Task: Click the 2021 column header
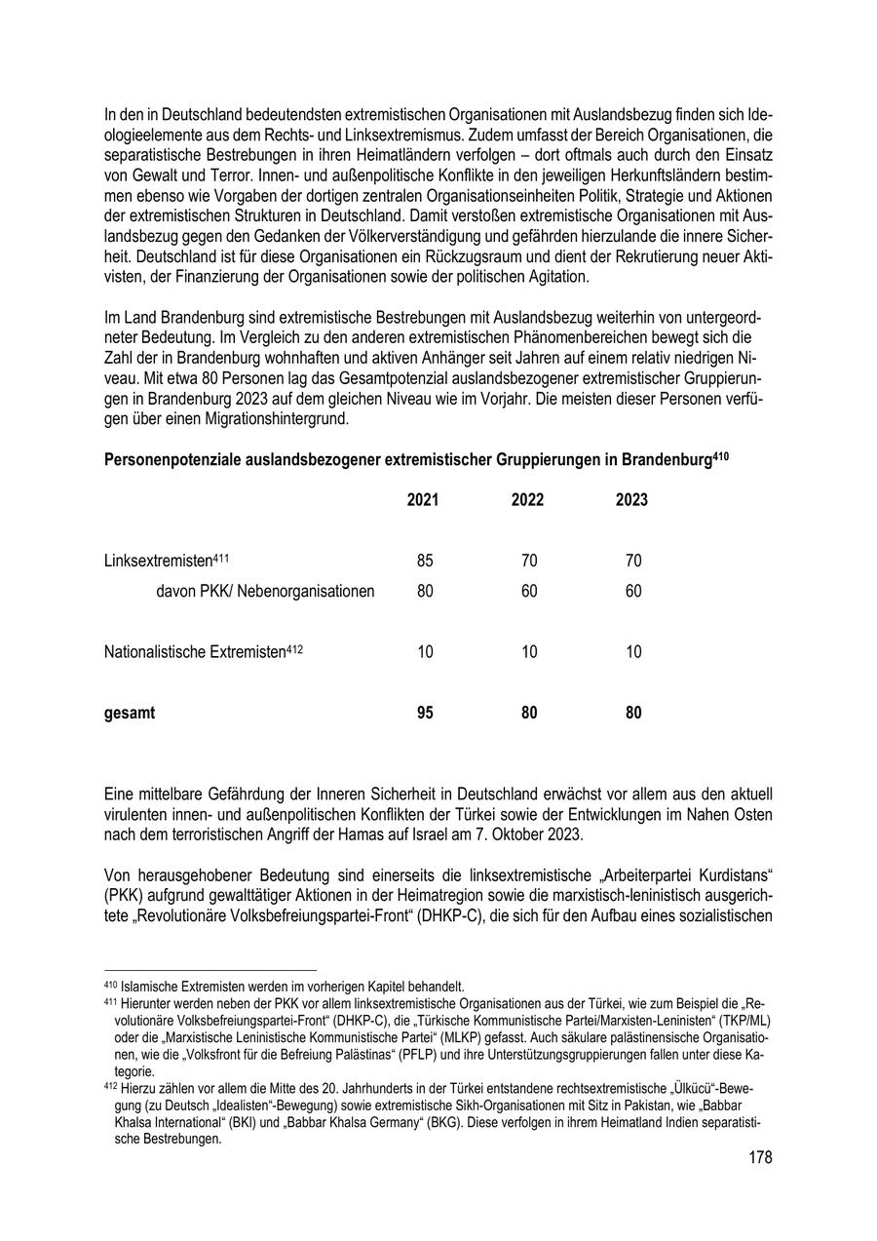423,500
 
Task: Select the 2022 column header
528,500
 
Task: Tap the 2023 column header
632,500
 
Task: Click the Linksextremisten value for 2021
425,561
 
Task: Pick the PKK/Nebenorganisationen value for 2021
425,591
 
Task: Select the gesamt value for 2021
425,713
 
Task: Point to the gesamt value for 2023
633,713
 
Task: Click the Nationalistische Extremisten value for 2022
529,652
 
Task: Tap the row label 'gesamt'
130,713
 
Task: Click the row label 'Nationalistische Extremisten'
195,652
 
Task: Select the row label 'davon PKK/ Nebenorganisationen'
265,591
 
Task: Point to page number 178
760,1157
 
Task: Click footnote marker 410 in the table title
721,454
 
